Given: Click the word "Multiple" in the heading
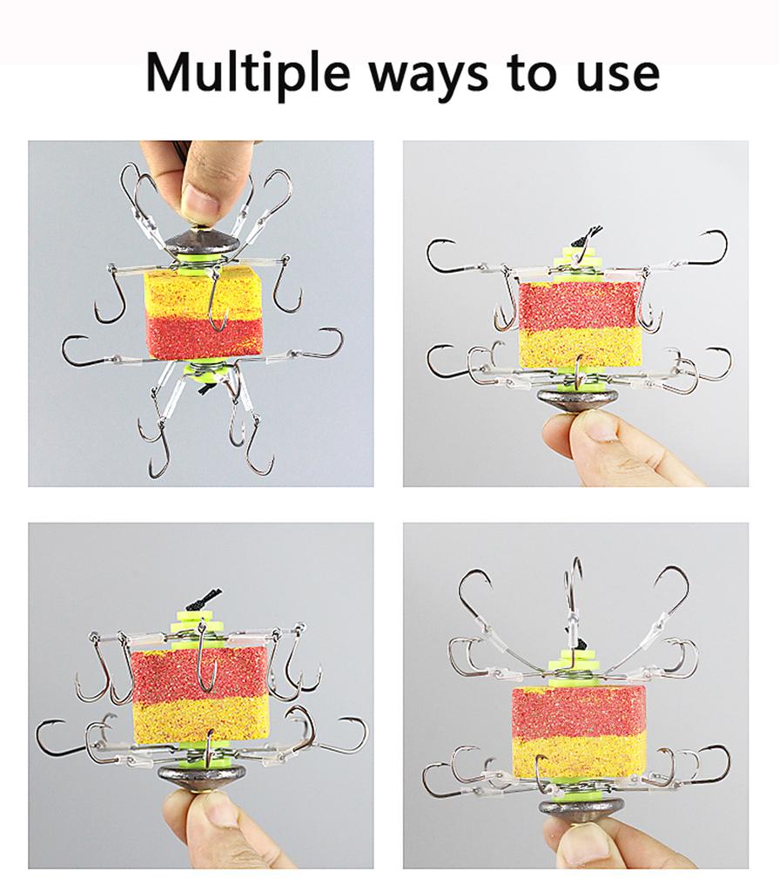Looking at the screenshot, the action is (x=247, y=74).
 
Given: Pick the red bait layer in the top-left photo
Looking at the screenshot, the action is (x=205, y=338).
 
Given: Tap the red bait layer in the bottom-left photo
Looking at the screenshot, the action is (x=199, y=674).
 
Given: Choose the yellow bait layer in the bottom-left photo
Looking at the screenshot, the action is (x=200, y=720).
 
